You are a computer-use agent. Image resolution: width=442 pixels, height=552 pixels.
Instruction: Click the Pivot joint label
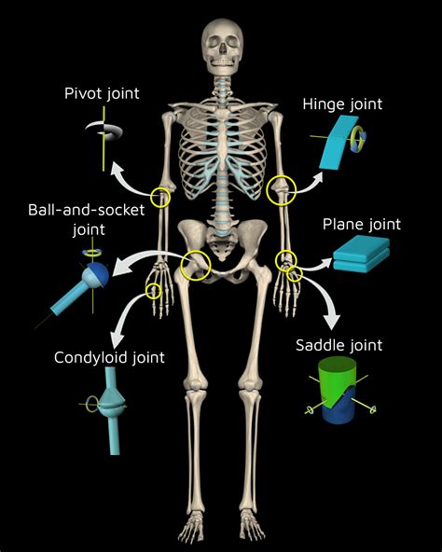(102, 94)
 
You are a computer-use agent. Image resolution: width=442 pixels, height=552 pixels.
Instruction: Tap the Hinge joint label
(342, 105)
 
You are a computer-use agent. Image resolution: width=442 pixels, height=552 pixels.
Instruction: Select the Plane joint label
(362, 225)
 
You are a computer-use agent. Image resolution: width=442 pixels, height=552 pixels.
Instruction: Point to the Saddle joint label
(338, 346)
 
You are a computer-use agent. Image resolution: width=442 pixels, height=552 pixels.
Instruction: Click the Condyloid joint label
(109, 358)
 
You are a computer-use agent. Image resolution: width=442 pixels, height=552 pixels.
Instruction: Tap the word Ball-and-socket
(87, 210)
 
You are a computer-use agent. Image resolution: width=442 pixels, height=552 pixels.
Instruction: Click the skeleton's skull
(223, 47)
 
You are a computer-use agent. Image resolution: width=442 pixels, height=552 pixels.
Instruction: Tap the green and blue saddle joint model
(338, 391)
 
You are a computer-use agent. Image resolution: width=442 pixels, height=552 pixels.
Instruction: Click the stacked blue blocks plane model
(362, 255)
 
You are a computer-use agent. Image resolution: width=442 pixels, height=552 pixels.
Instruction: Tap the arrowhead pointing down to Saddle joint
(332, 321)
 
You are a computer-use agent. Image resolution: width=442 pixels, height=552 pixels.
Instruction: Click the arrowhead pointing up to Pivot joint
(117, 170)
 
